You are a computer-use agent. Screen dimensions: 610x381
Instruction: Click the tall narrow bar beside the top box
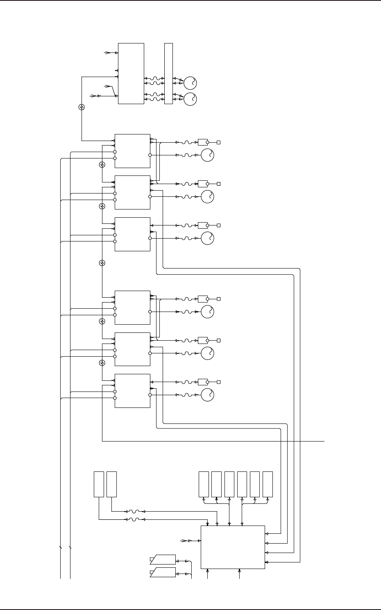(168, 73)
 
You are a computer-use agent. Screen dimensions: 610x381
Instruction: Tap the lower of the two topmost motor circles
(190, 99)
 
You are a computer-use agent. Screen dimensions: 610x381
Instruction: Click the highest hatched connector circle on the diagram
(82, 107)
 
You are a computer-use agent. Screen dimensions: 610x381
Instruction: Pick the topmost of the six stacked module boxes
(132, 151)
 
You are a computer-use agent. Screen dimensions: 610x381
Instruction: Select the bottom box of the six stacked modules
(132, 391)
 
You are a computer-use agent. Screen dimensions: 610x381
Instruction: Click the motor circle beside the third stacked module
(208, 238)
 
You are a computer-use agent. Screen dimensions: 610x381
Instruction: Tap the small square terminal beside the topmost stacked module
(219, 143)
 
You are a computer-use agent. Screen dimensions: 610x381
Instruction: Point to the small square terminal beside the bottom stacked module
(219, 382)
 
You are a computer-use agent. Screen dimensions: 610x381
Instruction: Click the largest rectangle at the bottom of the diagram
(233, 547)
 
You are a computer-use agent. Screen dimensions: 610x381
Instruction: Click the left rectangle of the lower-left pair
(99, 484)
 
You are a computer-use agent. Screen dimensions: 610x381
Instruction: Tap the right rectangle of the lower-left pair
(111, 484)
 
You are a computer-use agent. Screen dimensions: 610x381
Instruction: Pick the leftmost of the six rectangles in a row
(204, 484)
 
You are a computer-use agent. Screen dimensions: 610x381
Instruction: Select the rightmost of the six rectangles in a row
(268, 484)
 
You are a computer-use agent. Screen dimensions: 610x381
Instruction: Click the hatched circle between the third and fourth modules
(102, 263)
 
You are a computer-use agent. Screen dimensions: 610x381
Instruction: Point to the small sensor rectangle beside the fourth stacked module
(202, 299)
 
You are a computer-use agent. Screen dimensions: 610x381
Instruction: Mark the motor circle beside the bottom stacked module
(208, 395)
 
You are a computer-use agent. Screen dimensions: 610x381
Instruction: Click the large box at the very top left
(131, 73)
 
